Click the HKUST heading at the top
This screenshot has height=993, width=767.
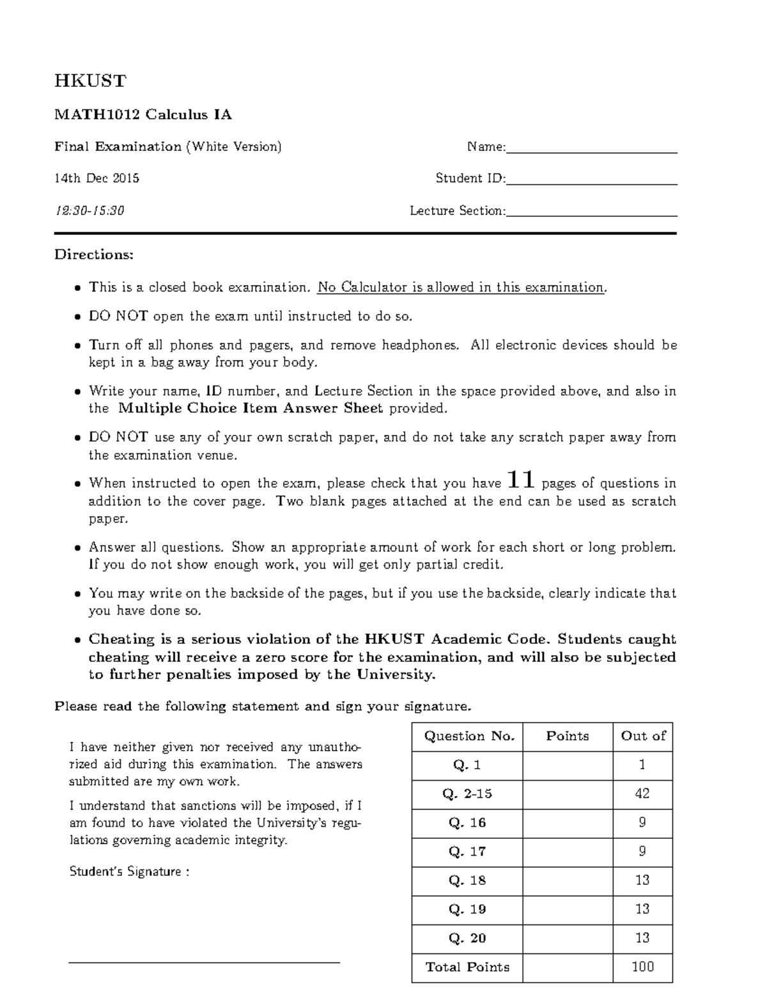tap(90, 81)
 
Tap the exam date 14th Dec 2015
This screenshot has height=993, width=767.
tap(97, 178)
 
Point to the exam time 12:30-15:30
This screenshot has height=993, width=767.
tap(89, 210)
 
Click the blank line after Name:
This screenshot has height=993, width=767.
tap(591, 152)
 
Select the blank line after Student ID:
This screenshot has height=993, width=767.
tap(591, 183)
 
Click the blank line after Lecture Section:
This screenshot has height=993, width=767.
tap(591, 215)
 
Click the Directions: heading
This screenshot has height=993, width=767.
tap(94, 254)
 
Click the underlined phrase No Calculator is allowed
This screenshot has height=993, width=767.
tap(396, 288)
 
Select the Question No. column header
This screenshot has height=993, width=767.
tap(469, 737)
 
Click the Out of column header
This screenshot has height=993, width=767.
tap(642, 737)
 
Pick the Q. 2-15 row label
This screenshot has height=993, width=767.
tap(467, 794)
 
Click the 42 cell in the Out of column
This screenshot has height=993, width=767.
tap(642, 794)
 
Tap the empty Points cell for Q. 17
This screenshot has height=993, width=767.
tap(568, 852)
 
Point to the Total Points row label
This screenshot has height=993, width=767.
tap(467, 967)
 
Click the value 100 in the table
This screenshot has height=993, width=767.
tap(642, 967)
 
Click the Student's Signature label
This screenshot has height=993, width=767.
tap(128, 872)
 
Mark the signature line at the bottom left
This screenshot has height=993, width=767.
tap(204, 961)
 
